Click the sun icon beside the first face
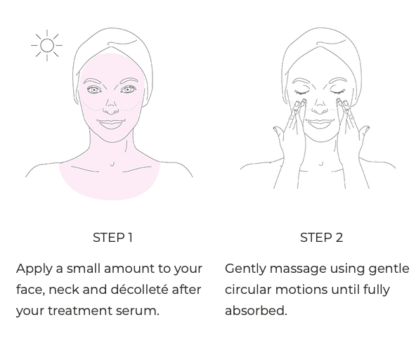(x=47, y=46)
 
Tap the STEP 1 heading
(x=112, y=238)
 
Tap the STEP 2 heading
(x=322, y=238)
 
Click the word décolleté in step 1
(x=139, y=289)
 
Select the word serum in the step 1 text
(x=138, y=311)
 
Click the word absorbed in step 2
(x=256, y=310)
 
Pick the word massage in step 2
(x=298, y=269)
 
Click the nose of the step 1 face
(x=111, y=107)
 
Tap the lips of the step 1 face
(x=111, y=124)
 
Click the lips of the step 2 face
(x=320, y=124)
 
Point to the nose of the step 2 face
(x=320, y=107)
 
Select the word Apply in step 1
(x=34, y=269)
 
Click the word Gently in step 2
(x=245, y=269)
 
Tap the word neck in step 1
(x=64, y=289)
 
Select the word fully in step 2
(x=377, y=290)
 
